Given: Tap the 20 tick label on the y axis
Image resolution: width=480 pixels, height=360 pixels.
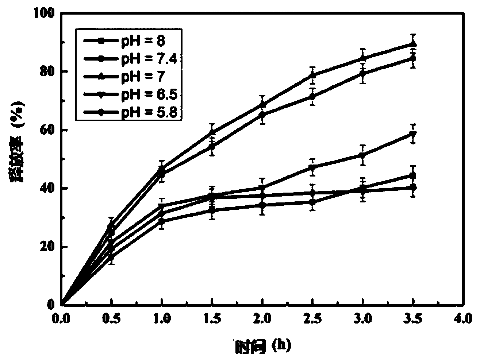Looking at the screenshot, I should click(x=47, y=247).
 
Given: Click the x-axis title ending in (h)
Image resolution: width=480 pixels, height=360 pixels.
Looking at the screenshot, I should click(x=264, y=345).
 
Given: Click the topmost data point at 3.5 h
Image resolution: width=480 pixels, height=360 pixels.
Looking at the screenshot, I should click(x=413, y=44).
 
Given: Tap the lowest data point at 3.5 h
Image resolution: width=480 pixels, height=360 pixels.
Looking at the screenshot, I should click(x=413, y=187).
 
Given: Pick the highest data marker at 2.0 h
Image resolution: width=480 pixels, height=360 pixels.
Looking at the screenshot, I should click(x=262, y=105).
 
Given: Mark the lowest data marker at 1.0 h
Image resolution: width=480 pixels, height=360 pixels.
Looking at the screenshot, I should click(x=162, y=221).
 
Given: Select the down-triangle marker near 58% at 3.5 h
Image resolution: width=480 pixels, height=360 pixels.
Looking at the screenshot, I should click(x=413, y=134).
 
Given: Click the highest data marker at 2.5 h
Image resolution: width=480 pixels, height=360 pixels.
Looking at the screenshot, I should click(x=312, y=75).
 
